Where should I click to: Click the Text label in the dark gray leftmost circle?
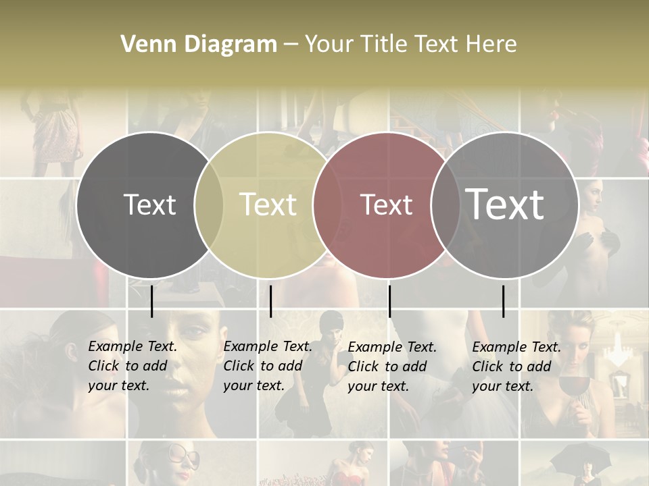(149, 205)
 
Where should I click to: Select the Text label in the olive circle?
(268, 205)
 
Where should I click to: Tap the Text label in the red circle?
(386, 205)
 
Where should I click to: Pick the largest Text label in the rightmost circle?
(504, 204)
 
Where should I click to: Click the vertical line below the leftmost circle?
(151, 301)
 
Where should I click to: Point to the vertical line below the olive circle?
(270, 301)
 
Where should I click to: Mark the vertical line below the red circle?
(389, 301)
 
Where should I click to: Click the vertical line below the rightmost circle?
(503, 301)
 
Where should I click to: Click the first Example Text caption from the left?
(132, 366)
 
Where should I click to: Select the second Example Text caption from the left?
(267, 366)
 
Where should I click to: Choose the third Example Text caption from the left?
(391, 367)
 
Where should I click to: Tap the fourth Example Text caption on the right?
(516, 367)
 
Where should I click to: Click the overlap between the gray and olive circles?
(209, 205)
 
